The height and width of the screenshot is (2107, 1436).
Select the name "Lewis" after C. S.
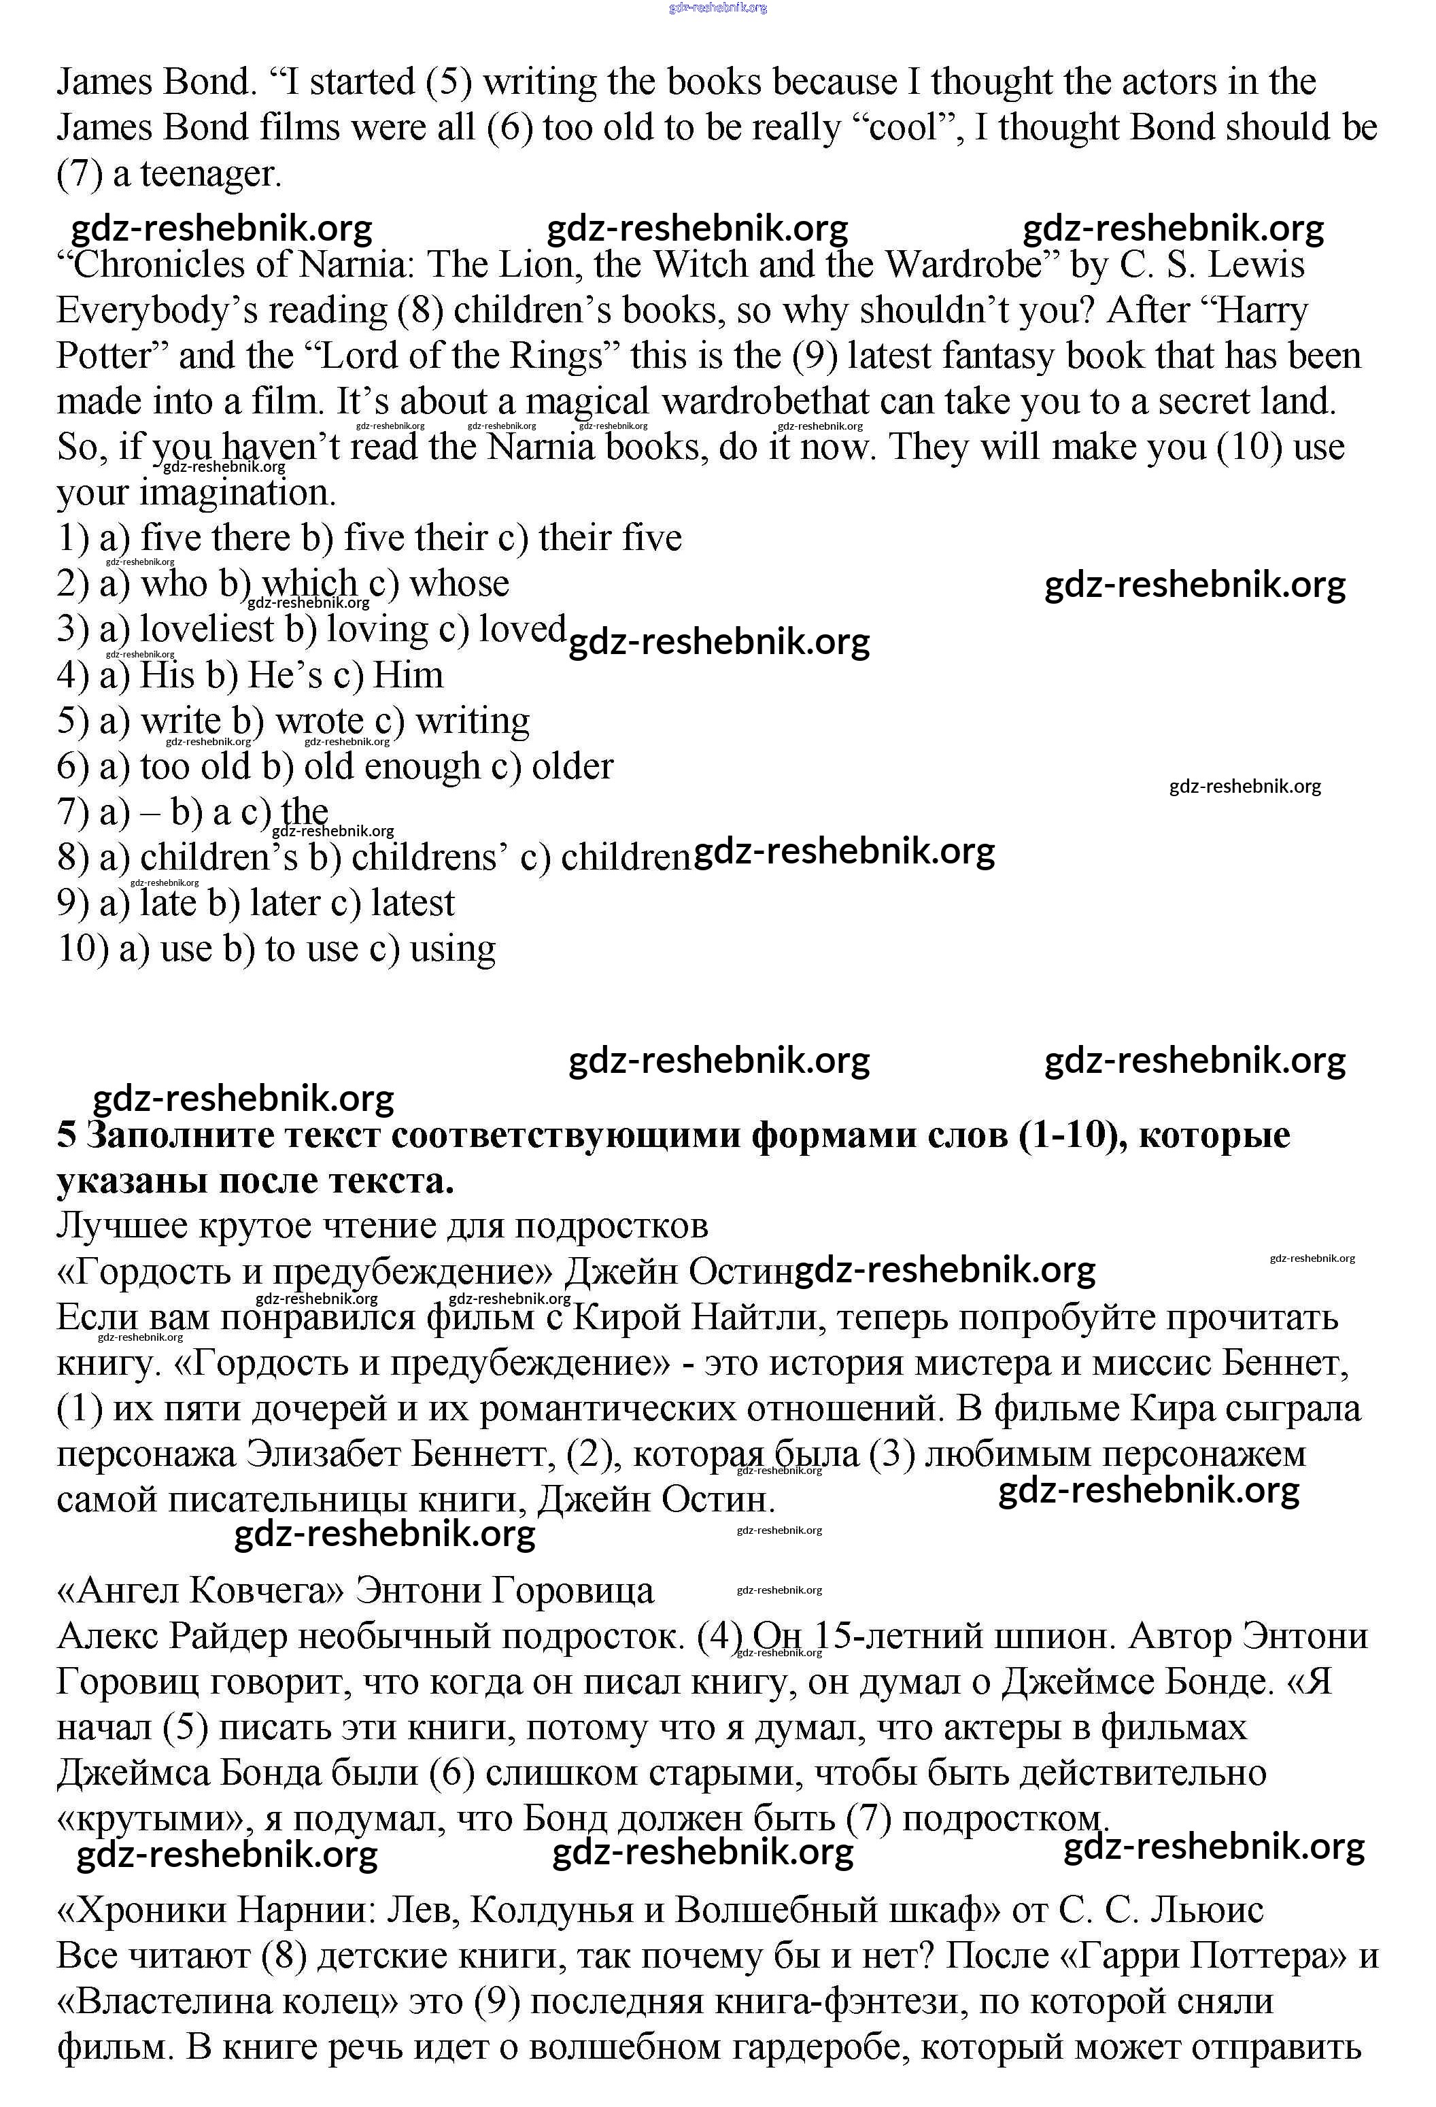1256,264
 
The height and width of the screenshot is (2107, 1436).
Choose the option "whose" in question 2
459,583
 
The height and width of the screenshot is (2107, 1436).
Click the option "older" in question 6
572,766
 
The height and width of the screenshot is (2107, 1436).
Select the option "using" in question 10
452,948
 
